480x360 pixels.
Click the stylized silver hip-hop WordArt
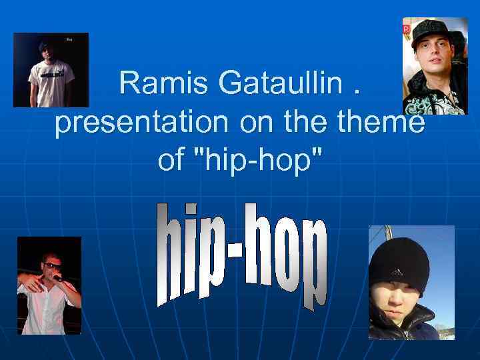242,257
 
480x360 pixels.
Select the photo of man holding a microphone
49,285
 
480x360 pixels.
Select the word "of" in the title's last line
170,160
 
